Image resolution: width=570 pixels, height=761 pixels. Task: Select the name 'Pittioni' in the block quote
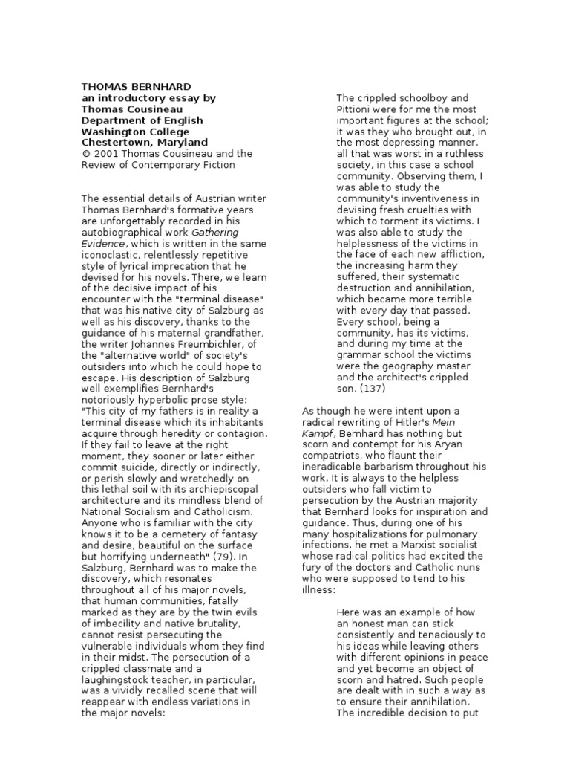tap(355, 109)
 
